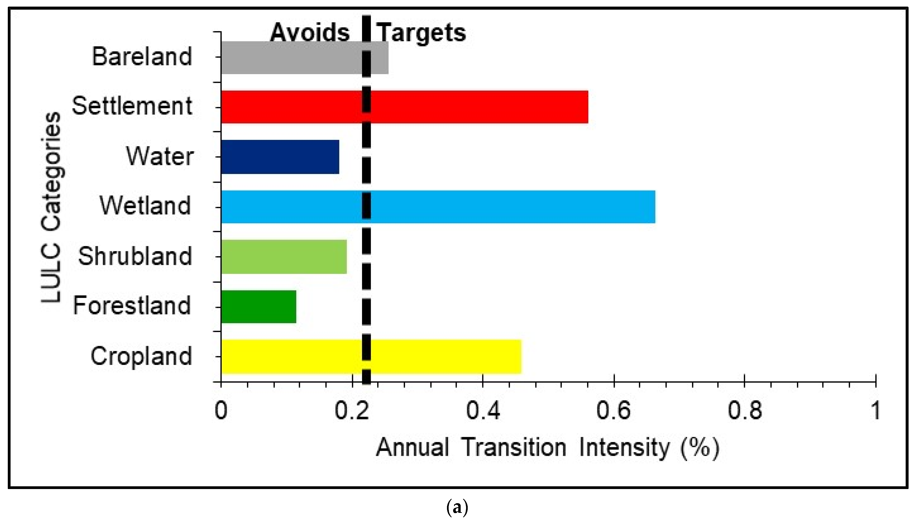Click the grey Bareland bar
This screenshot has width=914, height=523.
point(305,58)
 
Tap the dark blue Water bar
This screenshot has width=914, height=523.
point(280,157)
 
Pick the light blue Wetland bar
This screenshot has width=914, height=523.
point(438,207)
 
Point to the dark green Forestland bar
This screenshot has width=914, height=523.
point(259,306)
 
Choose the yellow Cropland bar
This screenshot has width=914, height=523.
point(371,356)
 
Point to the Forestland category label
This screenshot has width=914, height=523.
point(132,306)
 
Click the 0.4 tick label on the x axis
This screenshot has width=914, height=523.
point(483,410)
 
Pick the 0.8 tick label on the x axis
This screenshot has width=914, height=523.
point(744,410)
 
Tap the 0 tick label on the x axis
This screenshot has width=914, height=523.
point(221,410)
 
